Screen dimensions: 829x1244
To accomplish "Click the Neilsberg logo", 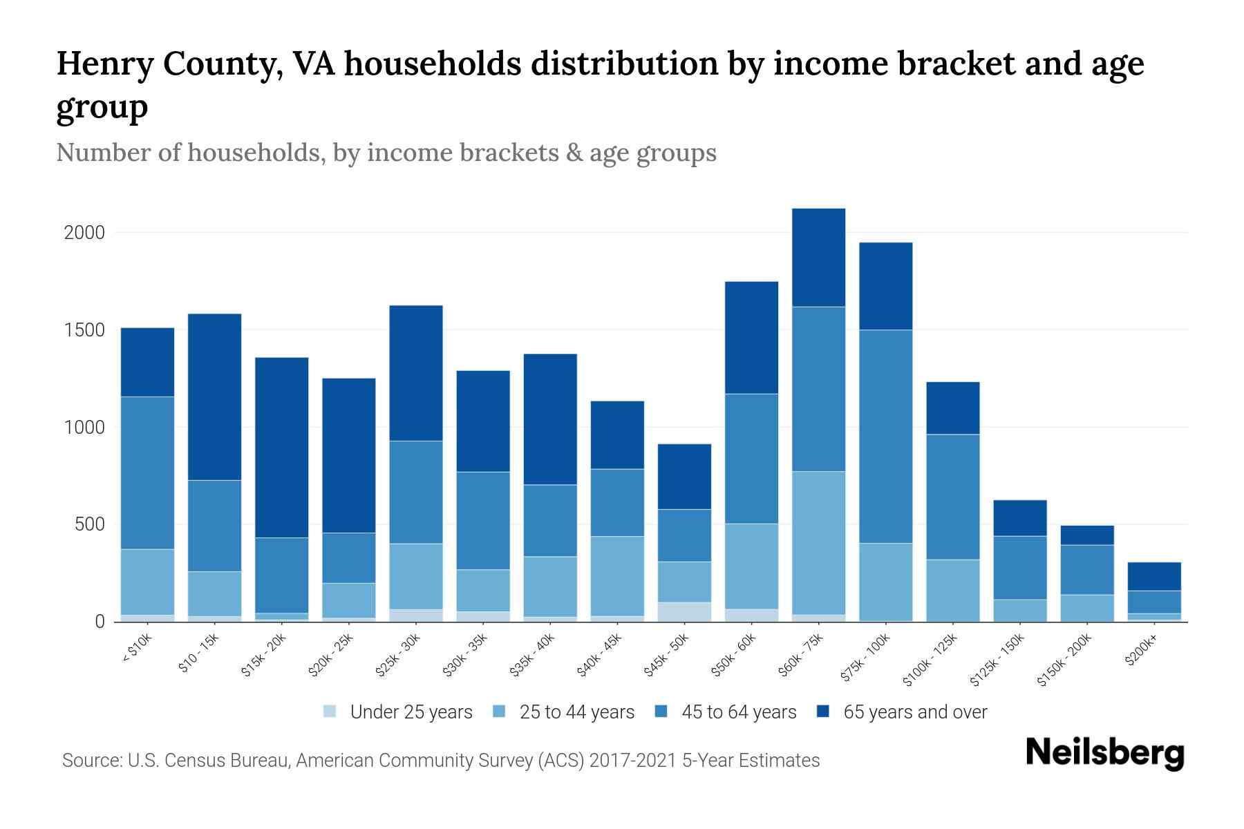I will pyautogui.click(x=1104, y=753).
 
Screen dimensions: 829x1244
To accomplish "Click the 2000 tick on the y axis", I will pyautogui.click(x=84, y=233).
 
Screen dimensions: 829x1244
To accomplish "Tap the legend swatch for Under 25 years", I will pyautogui.click(x=330, y=711).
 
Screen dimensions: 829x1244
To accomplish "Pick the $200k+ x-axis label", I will pyautogui.click(x=1141, y=651).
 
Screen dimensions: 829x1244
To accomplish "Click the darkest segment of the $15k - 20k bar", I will pyautogui.click(x=282, y=447).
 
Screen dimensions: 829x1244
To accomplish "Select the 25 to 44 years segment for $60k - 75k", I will pyautogui.click(x=818, y=542).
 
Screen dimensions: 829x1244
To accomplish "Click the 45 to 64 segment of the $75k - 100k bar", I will pyautogui.click(x=885, y=436).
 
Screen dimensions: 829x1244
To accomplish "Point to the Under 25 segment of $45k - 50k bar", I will pyautogui.click(x=684, y=611).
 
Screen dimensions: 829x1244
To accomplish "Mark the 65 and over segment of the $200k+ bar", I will pyautogui.click(x=1154, y=576).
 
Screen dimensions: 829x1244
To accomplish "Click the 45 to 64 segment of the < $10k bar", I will pyautogui.click(x=148, y=473).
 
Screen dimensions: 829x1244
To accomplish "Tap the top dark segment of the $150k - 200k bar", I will pyautogui.click(x=1087, y=535).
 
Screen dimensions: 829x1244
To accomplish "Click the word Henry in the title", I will pyautogui.click(x=105, y=64).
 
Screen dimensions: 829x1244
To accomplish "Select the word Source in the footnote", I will pyautogui.click(x=90, y=761).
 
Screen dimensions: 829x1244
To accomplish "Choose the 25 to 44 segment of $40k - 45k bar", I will pyautogui.click(x=617, y=575).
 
